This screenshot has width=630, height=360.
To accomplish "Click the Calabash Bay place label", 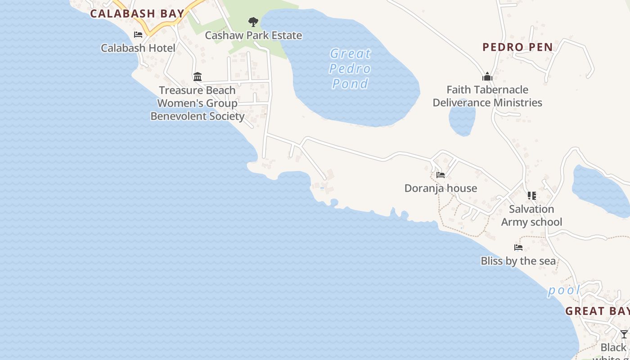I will coord(137,13).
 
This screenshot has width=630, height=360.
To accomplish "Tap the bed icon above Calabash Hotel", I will coord(138,35).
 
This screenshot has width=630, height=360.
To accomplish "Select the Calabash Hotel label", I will coord(138,48).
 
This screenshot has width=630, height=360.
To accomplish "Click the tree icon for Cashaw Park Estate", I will coord(253,22).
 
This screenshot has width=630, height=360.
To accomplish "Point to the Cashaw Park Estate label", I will coord(253,35).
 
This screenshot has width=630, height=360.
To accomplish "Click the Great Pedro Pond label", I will coord(350,68).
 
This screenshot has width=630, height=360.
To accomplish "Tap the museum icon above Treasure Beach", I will coord(197,76).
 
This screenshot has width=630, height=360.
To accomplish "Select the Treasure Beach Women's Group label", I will coord(197,103).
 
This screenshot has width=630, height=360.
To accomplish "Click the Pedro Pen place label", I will coord(517,47).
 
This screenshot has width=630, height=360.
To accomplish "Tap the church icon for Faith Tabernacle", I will coord(487,76).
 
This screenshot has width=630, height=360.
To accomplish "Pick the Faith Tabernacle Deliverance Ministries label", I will coord(487,96).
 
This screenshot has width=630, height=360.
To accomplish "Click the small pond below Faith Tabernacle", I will coord(462,118).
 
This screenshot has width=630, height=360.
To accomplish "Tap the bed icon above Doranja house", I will coord(441,175).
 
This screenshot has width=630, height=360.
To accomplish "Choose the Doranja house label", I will coord(441,188).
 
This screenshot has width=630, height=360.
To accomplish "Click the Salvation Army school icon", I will coord(532,196).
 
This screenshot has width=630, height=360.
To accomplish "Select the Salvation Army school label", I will coord(531,216).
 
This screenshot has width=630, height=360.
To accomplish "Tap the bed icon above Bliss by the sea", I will coord(518,247).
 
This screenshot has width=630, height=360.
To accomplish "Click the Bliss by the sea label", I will coord(518,261).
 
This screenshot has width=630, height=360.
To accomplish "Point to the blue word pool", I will coord(564,291).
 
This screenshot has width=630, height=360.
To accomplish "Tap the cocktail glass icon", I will coord(624,334).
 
